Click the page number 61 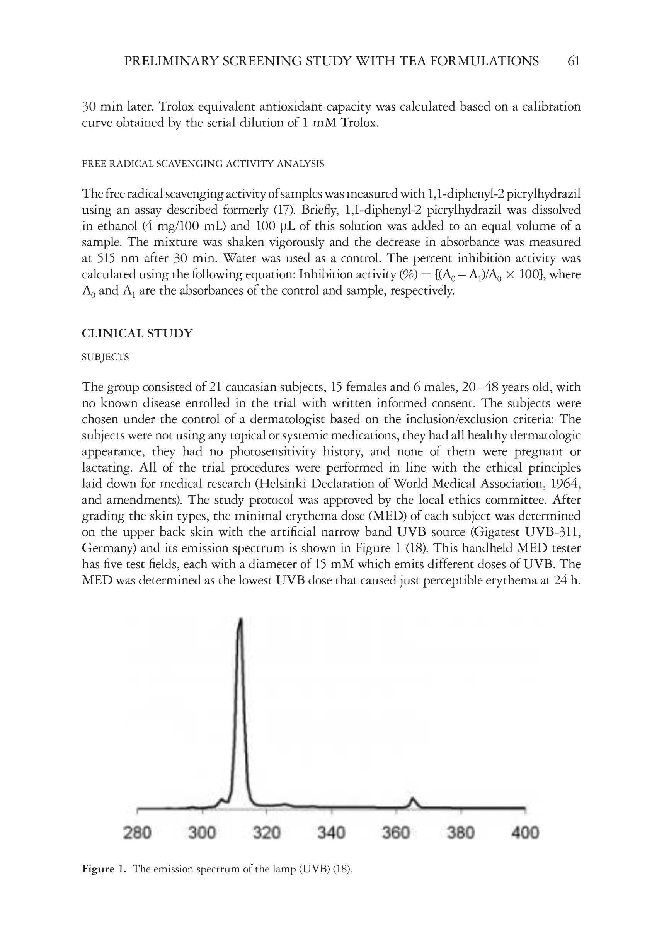573,61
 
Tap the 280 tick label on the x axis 137,832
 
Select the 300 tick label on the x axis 202,832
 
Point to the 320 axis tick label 266,832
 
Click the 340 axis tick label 331,832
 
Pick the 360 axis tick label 396,832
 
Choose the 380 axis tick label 460,832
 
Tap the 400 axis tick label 525,832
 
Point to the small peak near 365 413,798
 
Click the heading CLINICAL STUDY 137,333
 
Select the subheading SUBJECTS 106,357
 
